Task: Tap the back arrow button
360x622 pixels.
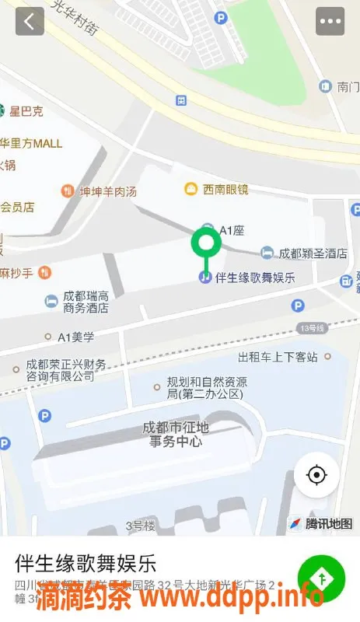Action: [30, 21]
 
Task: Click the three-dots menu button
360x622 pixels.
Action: [330, 21]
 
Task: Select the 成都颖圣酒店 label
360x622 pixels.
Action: [313, 253]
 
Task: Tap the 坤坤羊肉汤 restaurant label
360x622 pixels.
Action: [107, 190]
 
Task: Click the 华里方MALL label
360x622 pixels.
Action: [31, 143]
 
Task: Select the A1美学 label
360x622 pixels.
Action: [75, 337]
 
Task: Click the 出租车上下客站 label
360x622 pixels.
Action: [278, 357]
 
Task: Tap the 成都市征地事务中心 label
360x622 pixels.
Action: [176, 435]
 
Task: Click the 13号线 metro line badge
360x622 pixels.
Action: [311, 329]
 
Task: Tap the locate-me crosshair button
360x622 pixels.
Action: [316, 474]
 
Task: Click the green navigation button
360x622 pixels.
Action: [320, 579]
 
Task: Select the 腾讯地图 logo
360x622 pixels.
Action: [320, 523]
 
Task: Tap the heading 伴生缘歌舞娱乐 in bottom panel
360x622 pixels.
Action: [86, 563]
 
